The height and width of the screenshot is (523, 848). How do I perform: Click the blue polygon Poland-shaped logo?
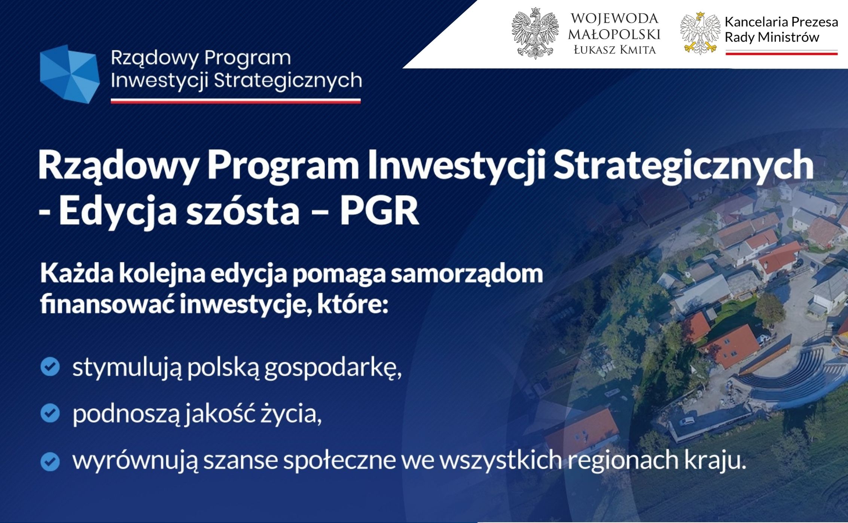[x=70, y=74]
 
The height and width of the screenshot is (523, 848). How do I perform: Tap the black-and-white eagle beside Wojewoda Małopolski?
[x=535, y=34]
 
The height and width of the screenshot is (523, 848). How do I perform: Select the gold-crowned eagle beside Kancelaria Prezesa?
[x=700, y=33]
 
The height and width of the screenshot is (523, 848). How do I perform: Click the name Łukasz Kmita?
[x=615, y=50]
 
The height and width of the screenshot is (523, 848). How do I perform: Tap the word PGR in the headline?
[x=379, y=210]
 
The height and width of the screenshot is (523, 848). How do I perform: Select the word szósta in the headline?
[x=243, y=210]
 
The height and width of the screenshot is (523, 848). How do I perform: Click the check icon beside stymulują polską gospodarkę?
[x=50, y=367]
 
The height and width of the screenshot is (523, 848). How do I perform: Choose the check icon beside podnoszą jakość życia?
[x=50, y=413]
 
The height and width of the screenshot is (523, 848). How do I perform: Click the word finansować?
[x=108, y=304]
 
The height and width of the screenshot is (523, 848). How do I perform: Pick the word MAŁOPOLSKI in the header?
[x=614, y=34]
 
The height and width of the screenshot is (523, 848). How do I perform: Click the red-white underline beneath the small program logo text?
[x=236, y=101]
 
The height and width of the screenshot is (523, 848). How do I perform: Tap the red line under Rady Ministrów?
[x=781, y=53]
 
